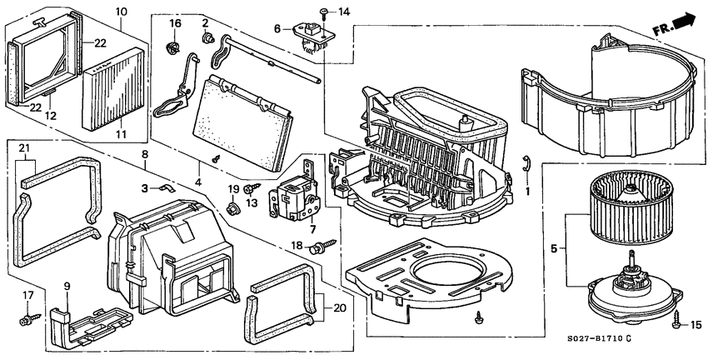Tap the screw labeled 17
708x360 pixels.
click(31, 317)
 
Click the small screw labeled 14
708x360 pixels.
click(322, 12)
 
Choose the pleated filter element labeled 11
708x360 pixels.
click(114, 88)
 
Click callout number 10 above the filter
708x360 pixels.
click(121, 12)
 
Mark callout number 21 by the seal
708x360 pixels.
click(24, 149)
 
